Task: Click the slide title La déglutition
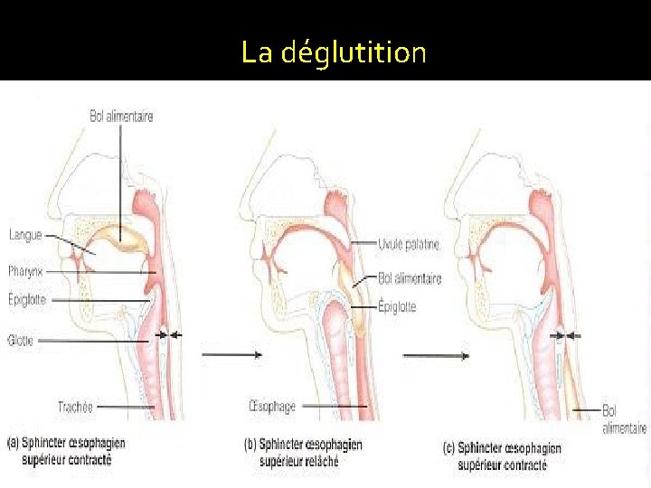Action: [x=333, y=52]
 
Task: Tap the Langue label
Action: [x=25, y=236]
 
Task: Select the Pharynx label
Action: [x=27, y=269]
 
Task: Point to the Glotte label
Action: [x=22, y=341]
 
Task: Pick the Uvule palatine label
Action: [x=410, y=244]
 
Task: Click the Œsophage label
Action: [x=270, y=407]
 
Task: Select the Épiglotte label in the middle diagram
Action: [x=397, y=307]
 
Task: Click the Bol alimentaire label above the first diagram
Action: [x=121, y=116]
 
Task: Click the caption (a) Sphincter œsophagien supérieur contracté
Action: [x=66, y=451]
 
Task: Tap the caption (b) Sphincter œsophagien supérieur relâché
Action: [x=303, y=451]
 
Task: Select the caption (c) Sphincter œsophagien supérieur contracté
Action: [x=502, y=456]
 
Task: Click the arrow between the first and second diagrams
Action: [x=231, y=355]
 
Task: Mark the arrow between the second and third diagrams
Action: [x=436, y=356]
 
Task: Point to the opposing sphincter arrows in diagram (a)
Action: [x=168, y=335]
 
